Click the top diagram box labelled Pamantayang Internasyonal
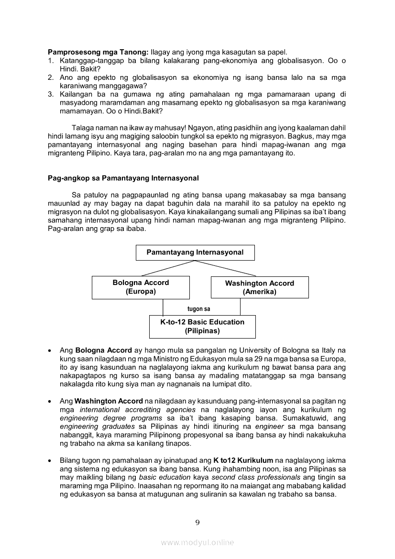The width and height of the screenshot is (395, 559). tap(195, 252)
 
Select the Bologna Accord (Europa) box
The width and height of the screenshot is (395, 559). tap(141, 287)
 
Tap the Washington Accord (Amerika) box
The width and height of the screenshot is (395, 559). tap(260, 287)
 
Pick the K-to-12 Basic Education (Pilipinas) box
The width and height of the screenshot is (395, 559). tap(202, 327)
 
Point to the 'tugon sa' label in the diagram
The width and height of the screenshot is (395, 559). tap(198, 309)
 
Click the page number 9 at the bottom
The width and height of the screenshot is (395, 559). tap(197, 522)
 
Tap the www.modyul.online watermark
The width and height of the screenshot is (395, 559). tap(197, 542)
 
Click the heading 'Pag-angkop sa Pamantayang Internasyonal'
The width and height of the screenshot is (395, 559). tap(123, 178)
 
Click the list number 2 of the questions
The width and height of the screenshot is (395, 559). tap(50, 77)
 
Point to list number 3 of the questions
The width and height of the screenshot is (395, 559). tap(50, 94)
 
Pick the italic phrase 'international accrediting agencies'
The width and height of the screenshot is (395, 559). tap(137, 410)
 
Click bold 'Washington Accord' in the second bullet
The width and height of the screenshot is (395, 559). tap(109, 401)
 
